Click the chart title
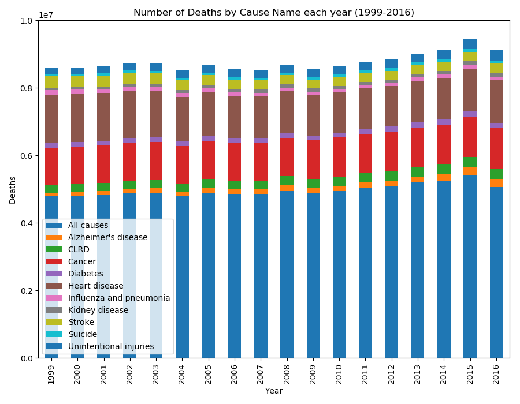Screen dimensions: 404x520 coord(274,12)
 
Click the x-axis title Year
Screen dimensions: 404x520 coord(274,391)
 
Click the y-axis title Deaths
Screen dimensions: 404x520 coord(13,189)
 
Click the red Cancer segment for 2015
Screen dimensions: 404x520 coord(470,136)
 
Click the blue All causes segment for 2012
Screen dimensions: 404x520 coord(392,271)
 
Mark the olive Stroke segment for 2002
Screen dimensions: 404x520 coord(130,78)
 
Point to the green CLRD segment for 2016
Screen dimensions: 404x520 coord(496,174)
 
